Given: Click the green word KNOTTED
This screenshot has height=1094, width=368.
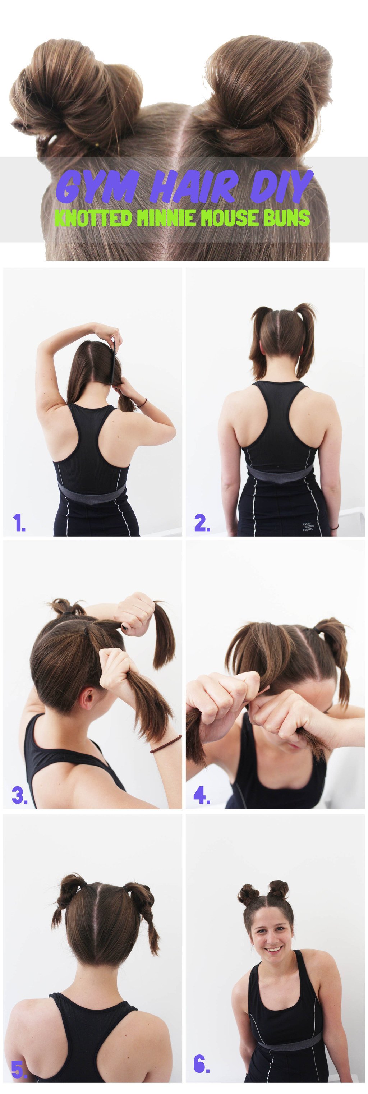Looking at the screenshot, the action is tap(93, 218).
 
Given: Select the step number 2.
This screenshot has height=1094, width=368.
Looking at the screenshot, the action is tap(202, 523).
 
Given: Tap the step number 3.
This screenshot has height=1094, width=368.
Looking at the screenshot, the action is tap(19, 795).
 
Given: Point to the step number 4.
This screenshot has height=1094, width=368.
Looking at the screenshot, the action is tap(202, 795).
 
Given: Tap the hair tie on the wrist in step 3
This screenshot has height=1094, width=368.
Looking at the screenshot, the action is tap(166, 743).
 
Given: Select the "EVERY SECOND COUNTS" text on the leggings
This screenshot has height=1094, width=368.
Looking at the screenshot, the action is tap(308, 527).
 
